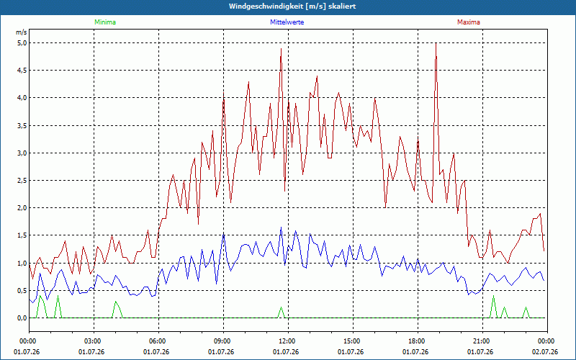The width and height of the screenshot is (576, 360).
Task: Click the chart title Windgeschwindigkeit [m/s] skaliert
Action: pos(292,6)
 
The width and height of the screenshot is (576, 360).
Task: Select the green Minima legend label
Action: pos(105,22)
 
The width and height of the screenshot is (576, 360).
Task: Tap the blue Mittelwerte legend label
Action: pos(287,22)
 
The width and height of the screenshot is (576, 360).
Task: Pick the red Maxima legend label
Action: pos(469,22)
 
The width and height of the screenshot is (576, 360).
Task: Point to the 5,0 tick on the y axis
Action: pos(22,43)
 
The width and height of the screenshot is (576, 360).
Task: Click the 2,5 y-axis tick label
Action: pos(22,181)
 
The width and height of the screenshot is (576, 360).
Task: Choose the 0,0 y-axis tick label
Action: pos(22,318)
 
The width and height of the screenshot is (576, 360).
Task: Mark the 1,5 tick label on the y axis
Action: pos(22,235)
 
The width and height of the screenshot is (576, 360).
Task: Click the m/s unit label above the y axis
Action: pos(22,32)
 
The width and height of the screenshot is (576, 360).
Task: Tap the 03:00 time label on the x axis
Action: pos(94,341)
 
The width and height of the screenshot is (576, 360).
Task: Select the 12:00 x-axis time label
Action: pos(289,341)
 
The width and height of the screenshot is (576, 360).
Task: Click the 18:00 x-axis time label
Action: pos(418,341)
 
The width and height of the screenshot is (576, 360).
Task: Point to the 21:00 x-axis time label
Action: pos(482,341)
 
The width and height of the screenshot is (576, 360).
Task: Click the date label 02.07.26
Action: pos(544,352)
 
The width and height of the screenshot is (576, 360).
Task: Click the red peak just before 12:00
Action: pos(281,49)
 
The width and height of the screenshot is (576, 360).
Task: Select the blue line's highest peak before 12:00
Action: pos(281,228)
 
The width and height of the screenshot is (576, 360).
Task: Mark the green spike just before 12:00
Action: pos(282,307)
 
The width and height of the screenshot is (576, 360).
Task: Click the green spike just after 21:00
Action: pos(493,296)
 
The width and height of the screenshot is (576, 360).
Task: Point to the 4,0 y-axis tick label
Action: pos(22,98)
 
